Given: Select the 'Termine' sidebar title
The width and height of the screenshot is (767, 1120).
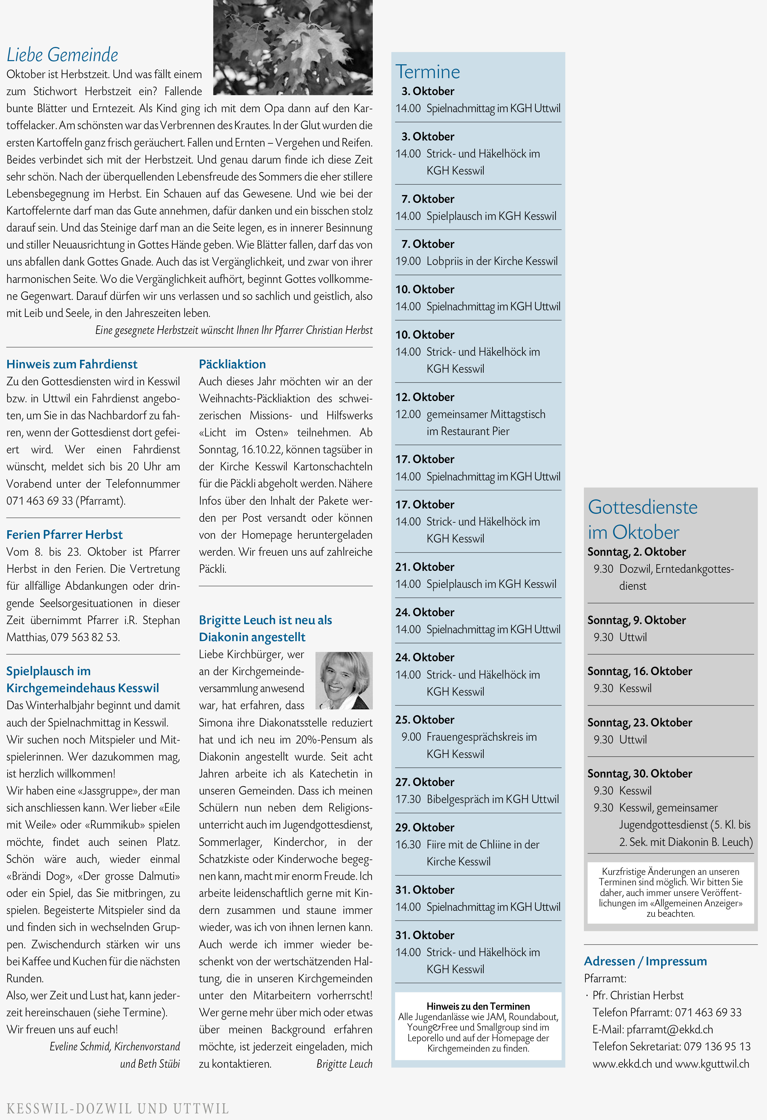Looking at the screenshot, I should coord(428,72).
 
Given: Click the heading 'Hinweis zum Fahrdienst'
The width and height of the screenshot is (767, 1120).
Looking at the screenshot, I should coord(72,364).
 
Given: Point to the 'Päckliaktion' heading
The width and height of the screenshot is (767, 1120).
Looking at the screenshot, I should coord(232,364).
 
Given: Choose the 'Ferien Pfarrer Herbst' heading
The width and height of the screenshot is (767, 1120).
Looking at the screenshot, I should coord(65,534).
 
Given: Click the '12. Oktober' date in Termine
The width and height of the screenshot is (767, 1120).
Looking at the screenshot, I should coord(425,397).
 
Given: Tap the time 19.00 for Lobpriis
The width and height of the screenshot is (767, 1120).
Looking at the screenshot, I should coord(408,261).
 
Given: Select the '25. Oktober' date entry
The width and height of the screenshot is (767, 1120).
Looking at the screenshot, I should coord(425,720).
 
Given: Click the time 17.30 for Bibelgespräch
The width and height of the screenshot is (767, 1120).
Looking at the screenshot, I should coord(408,799).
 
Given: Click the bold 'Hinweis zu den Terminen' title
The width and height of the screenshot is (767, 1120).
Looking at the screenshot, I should coord(478,1006).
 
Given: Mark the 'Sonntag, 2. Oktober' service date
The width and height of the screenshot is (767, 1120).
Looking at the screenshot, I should coord(636,552).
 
